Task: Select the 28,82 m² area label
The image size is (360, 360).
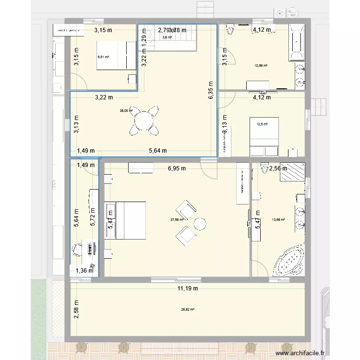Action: tap(187, 310)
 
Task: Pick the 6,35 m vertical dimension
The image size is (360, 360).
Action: tap(210, 89)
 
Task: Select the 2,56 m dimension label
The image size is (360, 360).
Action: tap(278, 168)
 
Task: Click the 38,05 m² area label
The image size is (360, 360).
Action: tap(126, 110)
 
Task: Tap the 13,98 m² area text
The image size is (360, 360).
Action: tap(278, 220)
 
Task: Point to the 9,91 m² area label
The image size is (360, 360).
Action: tap(103, 57)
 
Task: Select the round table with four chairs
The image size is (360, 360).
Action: tap(144, 121)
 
